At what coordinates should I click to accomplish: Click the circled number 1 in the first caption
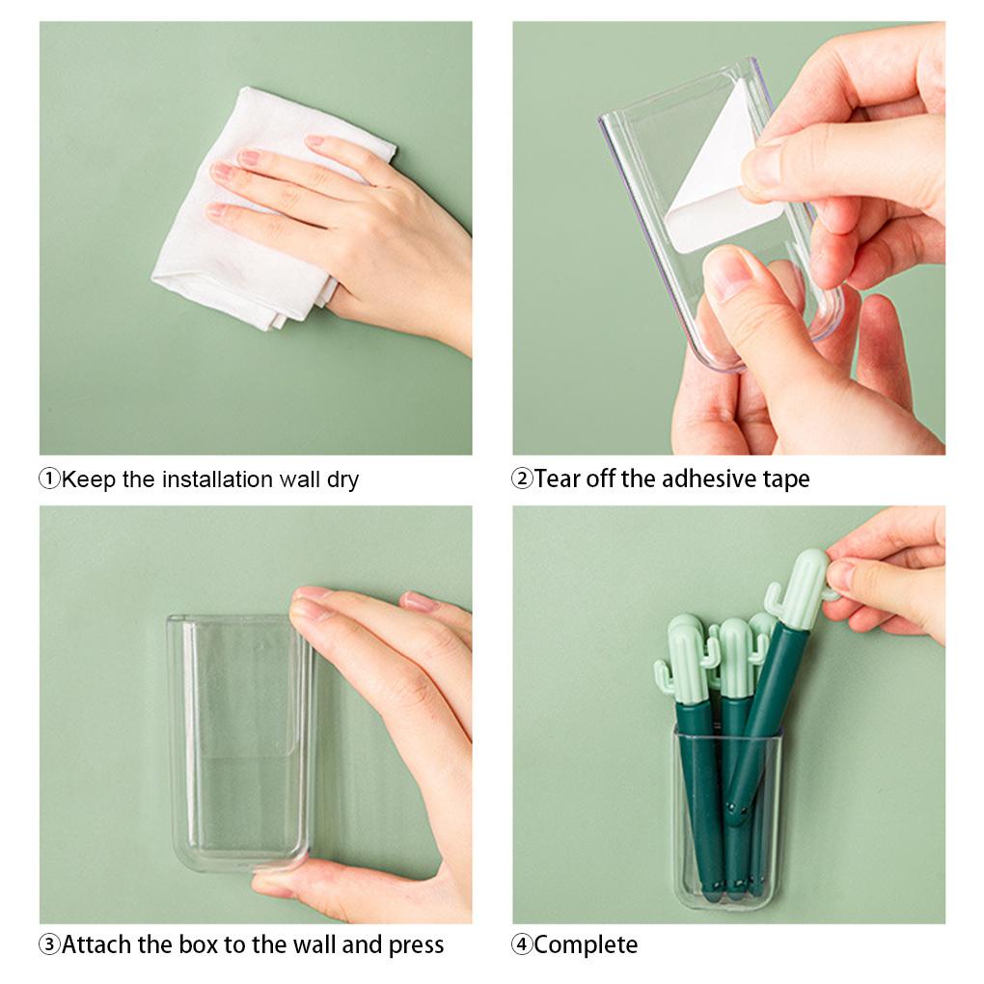click(x=49, y=479)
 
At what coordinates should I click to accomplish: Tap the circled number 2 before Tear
click(x=522, y=478)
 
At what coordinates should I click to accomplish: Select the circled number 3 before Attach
click(x=49, y=944)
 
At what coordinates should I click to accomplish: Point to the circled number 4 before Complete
click(x=522, y=944)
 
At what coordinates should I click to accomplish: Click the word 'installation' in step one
click(x=217, y=479)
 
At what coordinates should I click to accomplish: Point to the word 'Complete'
click(x=586, y=945)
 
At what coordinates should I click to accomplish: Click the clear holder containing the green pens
click(x=726, y=820)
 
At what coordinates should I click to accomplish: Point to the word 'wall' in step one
click(x=298, y=479)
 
